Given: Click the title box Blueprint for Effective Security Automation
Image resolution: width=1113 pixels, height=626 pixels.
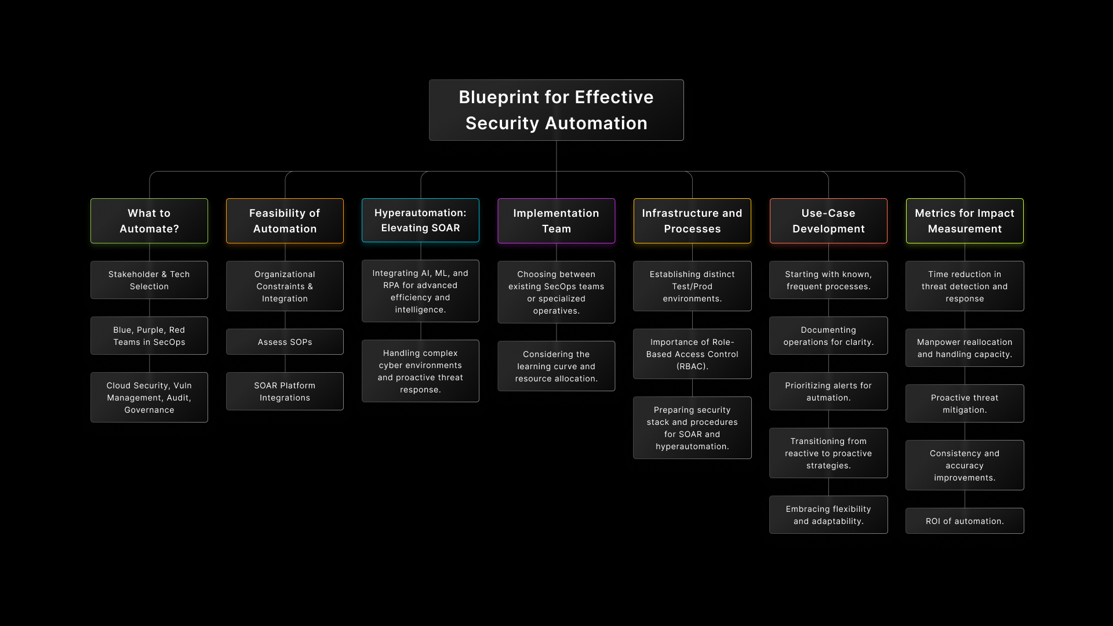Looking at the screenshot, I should click(556, 110).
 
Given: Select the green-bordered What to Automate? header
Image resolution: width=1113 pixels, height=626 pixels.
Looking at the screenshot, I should click(149, 221).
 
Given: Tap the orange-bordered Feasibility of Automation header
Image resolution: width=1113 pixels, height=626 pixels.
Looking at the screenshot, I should click(285, 221).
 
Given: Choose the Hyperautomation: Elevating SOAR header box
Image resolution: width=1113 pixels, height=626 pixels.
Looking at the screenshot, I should click(420, 220).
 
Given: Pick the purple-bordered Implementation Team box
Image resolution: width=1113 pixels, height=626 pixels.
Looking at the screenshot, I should click(556, 221).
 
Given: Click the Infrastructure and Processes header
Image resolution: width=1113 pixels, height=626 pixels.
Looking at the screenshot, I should click(692, 221).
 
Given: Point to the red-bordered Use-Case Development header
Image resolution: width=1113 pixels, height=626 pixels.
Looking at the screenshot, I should click(828, 221).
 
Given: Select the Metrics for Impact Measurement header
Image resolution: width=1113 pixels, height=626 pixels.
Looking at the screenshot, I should click(965, 221).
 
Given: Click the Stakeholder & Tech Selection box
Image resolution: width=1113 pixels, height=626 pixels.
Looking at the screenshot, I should click(149, 280).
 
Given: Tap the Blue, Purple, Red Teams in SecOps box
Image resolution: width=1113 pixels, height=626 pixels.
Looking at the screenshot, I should click(149, 336).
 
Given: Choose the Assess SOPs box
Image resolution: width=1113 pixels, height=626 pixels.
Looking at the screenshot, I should click(285, 342).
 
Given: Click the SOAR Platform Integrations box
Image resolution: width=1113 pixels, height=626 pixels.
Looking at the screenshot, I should click(285, 391).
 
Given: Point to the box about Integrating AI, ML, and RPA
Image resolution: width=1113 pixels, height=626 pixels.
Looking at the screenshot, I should click(420, 291).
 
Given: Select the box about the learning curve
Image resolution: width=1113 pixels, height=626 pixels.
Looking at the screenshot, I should click(556, 366).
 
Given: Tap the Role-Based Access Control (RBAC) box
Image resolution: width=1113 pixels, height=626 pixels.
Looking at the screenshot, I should click(692, 354).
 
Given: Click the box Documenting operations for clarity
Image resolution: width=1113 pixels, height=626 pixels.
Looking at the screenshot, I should click(828, 336).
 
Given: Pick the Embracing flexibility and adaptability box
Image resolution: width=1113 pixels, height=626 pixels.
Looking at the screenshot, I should click(828, 515).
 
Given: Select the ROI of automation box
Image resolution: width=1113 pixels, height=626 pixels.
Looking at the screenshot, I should click(965, 521).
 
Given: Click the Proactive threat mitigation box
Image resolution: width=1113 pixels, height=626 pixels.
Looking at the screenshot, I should click(965, 403).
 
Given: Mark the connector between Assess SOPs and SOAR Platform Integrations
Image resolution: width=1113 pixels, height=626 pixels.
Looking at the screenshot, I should click(285, 363).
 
